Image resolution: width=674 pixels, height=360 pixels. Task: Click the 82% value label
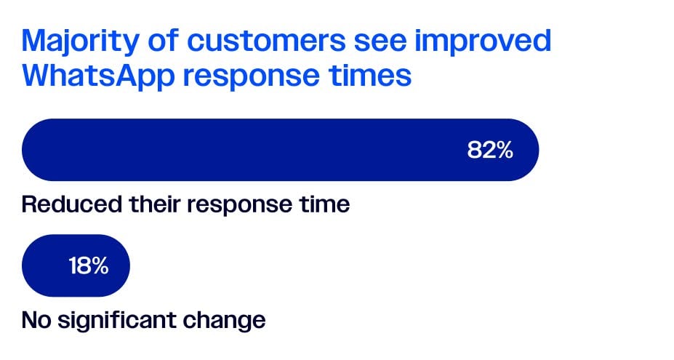point(490,150)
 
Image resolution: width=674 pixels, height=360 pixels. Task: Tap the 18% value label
point(89,265)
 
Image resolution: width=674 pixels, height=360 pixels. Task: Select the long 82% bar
point(280,150)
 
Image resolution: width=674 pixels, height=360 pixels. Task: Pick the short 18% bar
point(76,265)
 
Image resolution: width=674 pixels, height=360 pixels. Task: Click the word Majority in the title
point(81,41)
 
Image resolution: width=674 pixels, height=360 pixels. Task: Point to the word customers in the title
point(266,40)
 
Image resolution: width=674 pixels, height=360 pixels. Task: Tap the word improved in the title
point(482,41)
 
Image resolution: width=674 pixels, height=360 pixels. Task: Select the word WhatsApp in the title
point(98,76)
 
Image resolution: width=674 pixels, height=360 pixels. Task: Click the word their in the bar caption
point(154,204)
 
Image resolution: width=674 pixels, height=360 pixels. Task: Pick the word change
point(224,321)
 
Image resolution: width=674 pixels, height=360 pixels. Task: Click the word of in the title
point(163,40)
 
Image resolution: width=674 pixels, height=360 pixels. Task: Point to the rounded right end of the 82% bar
point(538,150)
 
